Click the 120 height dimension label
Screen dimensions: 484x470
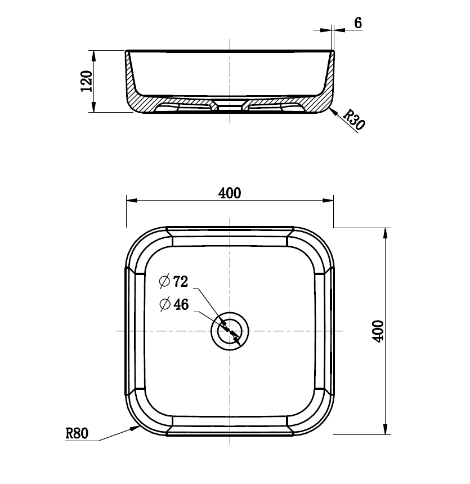86,81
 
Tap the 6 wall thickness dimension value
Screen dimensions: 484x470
358,23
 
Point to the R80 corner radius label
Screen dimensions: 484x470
77,433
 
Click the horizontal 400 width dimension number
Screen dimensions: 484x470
230,193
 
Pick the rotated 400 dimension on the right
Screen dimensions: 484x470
378,331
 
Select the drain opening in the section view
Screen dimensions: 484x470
230,105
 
